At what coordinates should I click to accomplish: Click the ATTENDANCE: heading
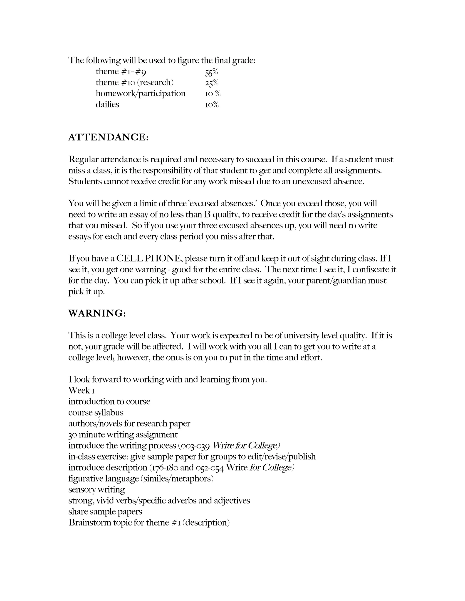coord(108,137)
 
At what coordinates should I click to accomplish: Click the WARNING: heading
coord(97,313)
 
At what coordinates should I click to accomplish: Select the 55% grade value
coord(211,72)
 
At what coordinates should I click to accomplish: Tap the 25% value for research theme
coord(212,83)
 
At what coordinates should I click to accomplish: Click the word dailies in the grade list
coord(107,105)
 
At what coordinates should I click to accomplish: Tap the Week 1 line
coord(82,391)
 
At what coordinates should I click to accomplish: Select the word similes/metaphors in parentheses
coord(177,479)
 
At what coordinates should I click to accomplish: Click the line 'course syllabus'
coord(96,413)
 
